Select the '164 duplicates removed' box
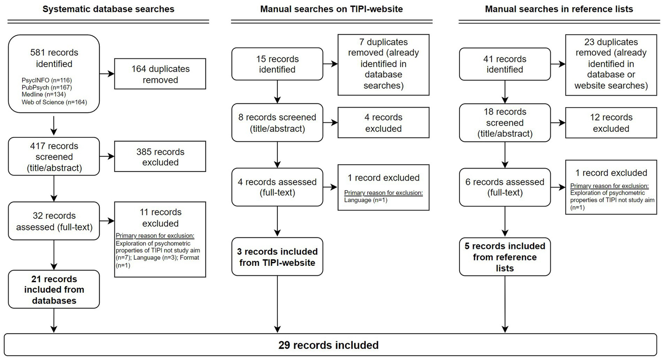160,74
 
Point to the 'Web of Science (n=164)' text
54,102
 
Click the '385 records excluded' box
160,157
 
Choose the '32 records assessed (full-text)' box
54,221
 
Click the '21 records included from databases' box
54,290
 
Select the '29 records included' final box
328,345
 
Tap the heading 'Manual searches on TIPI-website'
331,9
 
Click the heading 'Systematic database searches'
108,9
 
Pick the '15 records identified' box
277,64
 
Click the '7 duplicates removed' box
383,64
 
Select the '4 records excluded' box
383,123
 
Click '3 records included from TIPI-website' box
277,257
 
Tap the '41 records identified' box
504,64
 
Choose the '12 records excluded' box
611,123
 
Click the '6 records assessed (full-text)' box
504,187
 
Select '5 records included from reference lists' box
504,257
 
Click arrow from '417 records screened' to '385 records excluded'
107,157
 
